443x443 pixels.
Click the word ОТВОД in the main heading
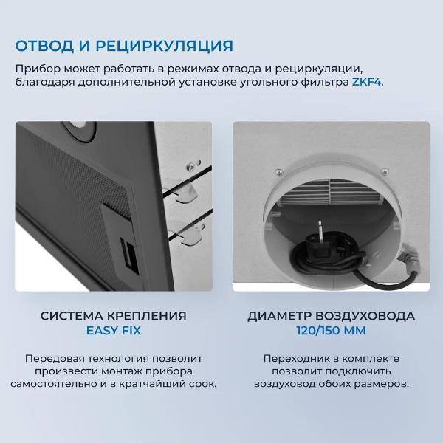coord(44,46)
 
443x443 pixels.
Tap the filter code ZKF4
coord(365,82)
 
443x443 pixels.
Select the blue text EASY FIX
coord(114,331)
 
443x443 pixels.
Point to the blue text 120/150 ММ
coord(330,331)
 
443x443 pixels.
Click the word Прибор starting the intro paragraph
coord(34,68)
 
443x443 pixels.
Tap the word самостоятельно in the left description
coord(55,385)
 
